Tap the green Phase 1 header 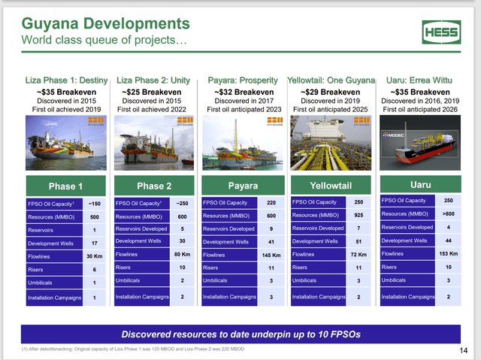pyautogui.click(x=63, y=186)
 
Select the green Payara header pyautogui.click(x=242, y=186)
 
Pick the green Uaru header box pyautogui.click(x=420, y=183)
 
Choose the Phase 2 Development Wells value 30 pyautogui.click(x=182, y=241)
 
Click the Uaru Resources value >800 pyautogui.click(x=449, y=213)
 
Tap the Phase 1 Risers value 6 pyautogui.click(x=95, y=270)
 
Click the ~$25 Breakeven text pyautogui.click(x=153, y=92)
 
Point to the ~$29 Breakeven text pyautogui.click(x=331, y=92)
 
